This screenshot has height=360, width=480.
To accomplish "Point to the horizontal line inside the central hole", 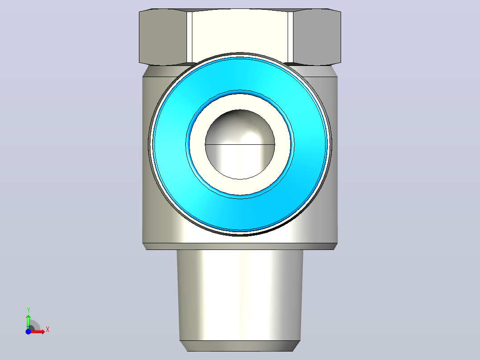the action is [240, 144].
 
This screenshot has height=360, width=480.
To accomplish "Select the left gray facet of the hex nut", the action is [163, 37].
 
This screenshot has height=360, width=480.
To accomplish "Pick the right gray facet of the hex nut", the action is [317, 37].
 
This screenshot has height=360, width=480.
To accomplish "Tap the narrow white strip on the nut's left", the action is [190, 37].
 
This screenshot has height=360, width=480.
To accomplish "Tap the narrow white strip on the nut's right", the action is [290, 37].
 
